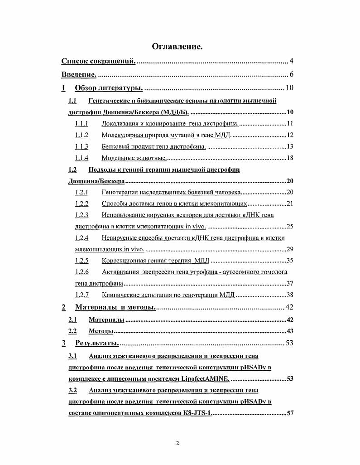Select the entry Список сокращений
click(x=98, y=61)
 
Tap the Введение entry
click(x=79, y=74)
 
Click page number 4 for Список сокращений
click(x=292, y=61)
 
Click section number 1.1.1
click(x=82, y=123)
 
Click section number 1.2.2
click(x=82, y=203)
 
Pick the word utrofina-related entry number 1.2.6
click(x=82, y=272)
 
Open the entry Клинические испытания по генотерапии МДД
click(x=168, y=295)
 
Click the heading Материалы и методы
click(x=115, y=308)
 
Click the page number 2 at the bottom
click(x=178, y=443)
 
